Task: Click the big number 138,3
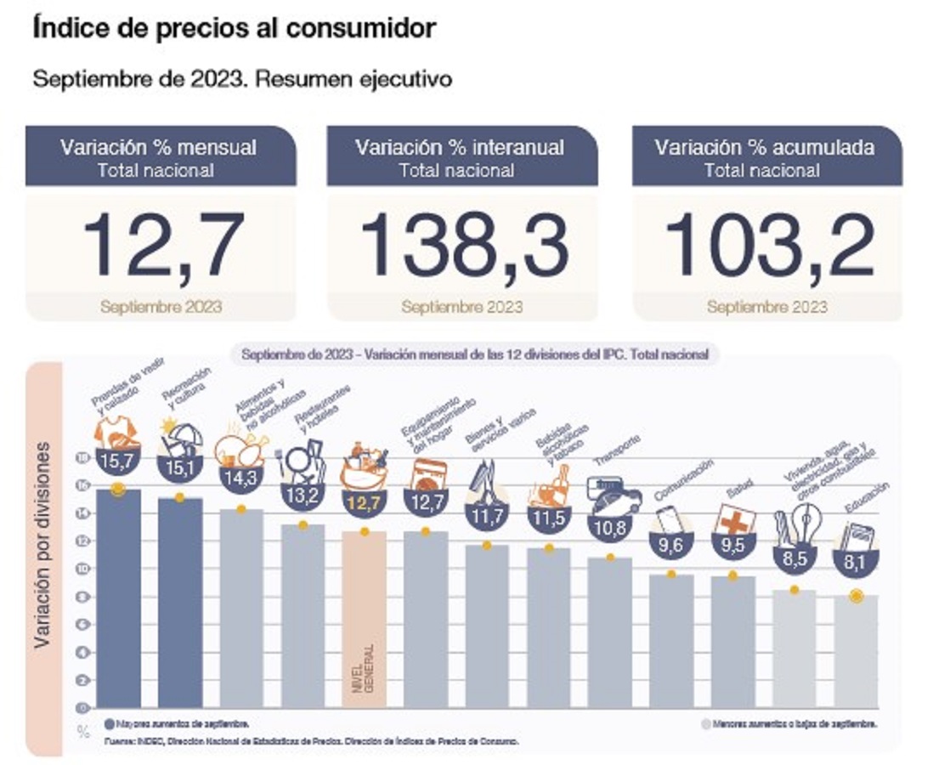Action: click(x=464, y=244)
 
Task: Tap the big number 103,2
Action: click(x=768, y=244)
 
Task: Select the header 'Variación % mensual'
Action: click(x=158, y=147)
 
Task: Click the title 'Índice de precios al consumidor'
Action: click(x=234, y=28)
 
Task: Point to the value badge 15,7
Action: click(x=117, y=462)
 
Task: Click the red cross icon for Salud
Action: click(x=732, y=519)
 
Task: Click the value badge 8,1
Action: click(x=856, y=562)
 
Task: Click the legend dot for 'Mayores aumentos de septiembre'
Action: click(x=110, y=724)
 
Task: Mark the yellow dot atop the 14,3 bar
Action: click(x=240, y=509)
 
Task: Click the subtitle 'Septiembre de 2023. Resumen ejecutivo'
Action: click(x=241, y=79)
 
